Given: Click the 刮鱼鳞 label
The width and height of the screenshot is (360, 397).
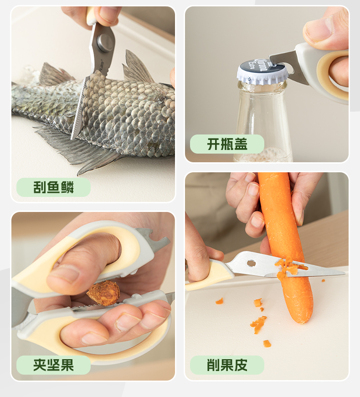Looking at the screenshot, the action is click(x=53, y=187).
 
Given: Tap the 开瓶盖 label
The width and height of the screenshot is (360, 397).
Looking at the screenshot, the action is click(x=227, y=144).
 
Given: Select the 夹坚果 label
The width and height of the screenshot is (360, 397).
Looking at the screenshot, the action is click(x=53, y=365).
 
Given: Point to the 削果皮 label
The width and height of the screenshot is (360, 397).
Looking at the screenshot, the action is click(x=227, y=365).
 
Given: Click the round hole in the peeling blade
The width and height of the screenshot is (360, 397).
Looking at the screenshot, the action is click(x=252, y=263).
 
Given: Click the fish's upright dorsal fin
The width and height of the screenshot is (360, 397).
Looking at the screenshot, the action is click(x=137, y=67).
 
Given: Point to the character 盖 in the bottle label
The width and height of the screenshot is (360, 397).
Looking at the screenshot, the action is click(x=241, y=144).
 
